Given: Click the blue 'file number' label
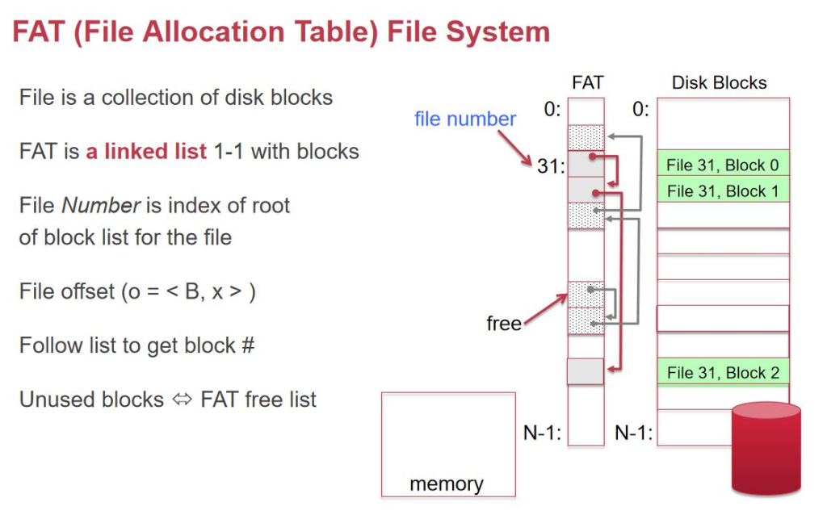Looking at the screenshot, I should [x=464, y=119].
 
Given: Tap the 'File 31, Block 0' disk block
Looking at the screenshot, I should [x=722, y=165].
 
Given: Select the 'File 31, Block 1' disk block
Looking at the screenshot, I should [x=722, y=191].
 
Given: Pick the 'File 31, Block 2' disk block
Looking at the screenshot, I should [x=722, y=373].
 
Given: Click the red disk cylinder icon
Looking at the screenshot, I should [x=766, y=448].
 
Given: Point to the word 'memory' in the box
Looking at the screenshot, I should [x=447, y=483].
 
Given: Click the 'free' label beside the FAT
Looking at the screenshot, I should [x=503, y=324].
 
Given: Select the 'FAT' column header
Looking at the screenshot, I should [x=587, y=82].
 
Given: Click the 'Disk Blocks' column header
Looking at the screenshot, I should [x=719, y=82].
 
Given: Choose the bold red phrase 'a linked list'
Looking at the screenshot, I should [x=146, y=152].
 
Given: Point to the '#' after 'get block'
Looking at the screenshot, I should [x=247, y=345].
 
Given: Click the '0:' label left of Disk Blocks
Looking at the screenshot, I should [x=640, y=109].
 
